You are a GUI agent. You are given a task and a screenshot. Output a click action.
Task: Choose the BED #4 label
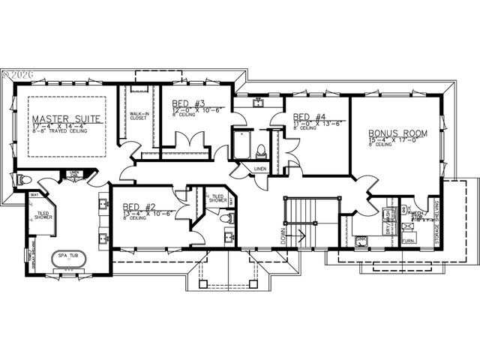click(310, 117)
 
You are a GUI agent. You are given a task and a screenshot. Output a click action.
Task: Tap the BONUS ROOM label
click(397, 133)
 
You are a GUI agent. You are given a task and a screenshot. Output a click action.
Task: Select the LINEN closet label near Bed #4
click(260, 169)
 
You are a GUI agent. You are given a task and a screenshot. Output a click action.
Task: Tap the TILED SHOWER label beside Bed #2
click(217, 199)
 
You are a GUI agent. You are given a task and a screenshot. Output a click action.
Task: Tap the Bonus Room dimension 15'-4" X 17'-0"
click(397, 140)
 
